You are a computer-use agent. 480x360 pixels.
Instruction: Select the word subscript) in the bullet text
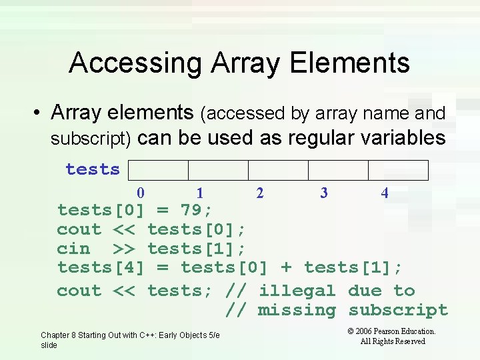(93, 139)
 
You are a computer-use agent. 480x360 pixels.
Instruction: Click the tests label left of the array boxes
(93, 169)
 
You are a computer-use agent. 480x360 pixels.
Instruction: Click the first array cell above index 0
(158, 170)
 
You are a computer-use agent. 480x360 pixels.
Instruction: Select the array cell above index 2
(278, 170)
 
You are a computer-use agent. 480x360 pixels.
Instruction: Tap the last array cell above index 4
(398, 170)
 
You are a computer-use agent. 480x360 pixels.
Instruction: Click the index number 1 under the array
(200, 193)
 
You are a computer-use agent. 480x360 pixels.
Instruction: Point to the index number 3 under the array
(324, 193)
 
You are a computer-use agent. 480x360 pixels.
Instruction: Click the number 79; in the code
(197, 211)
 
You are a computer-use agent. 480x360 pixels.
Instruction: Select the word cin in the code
(73, 249)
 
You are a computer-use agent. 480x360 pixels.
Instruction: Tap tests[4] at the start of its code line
(101, 268)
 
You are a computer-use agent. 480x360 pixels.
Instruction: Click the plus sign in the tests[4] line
(286, 268)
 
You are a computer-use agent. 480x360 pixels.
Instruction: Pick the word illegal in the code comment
(297, 291)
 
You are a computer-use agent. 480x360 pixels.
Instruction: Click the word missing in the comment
(297, 311)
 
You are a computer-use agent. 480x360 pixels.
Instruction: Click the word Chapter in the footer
(55, 335)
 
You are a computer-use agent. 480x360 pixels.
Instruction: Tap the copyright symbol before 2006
(351, 331)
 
